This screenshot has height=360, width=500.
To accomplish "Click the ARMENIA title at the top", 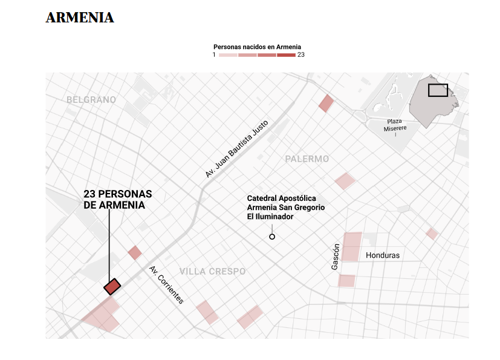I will pos(80,18).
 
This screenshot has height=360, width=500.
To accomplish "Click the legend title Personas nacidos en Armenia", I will pos(257,47).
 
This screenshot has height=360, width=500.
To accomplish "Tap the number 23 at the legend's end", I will pos(301,55).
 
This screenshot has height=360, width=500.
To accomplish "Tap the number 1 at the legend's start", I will pos(214,55).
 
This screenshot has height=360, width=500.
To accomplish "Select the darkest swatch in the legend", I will pos(287,55).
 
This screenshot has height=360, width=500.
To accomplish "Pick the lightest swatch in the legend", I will pos(228,55).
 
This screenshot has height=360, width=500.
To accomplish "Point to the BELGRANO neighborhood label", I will pos(91,99).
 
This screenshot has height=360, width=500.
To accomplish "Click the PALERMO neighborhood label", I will pos(307,159).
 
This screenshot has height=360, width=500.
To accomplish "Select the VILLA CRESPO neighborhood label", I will pos(213,271).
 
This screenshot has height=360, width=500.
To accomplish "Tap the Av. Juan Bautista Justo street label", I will pos(236,148).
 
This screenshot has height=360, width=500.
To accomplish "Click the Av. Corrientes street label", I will pos(166,284).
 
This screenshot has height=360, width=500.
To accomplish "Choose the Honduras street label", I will pos(383,255).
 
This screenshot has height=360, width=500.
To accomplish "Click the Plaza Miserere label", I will pos(395,125).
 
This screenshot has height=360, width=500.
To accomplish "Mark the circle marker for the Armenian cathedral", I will pos(272,237).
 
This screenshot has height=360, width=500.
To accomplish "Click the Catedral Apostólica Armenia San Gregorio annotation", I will pos(286,208).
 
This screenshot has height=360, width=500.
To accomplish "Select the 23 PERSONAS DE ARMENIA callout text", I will pos(118,200).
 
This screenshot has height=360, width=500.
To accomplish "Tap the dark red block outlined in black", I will pos(112,286).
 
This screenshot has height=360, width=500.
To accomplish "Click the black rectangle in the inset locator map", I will pos(438,90).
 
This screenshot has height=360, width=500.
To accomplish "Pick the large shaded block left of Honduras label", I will pos(351,246).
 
